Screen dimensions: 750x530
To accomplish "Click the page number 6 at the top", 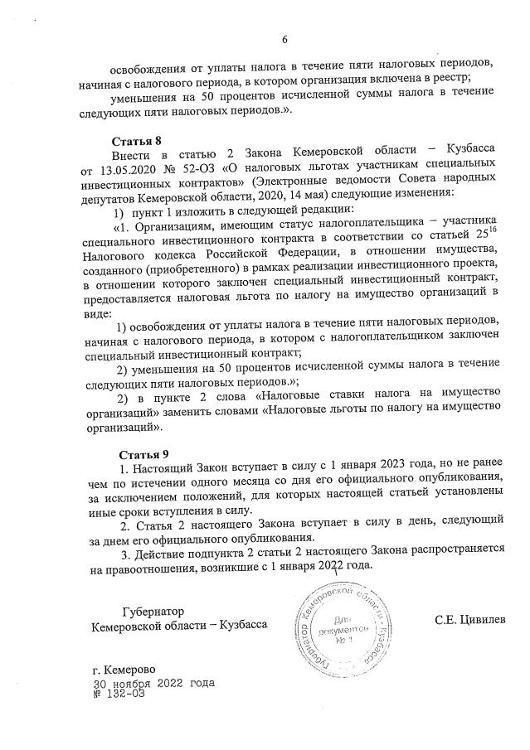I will (284, 39).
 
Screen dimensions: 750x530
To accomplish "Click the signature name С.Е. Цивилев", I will (469, 619).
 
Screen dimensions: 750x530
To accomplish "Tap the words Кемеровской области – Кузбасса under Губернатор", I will (180, 626).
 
